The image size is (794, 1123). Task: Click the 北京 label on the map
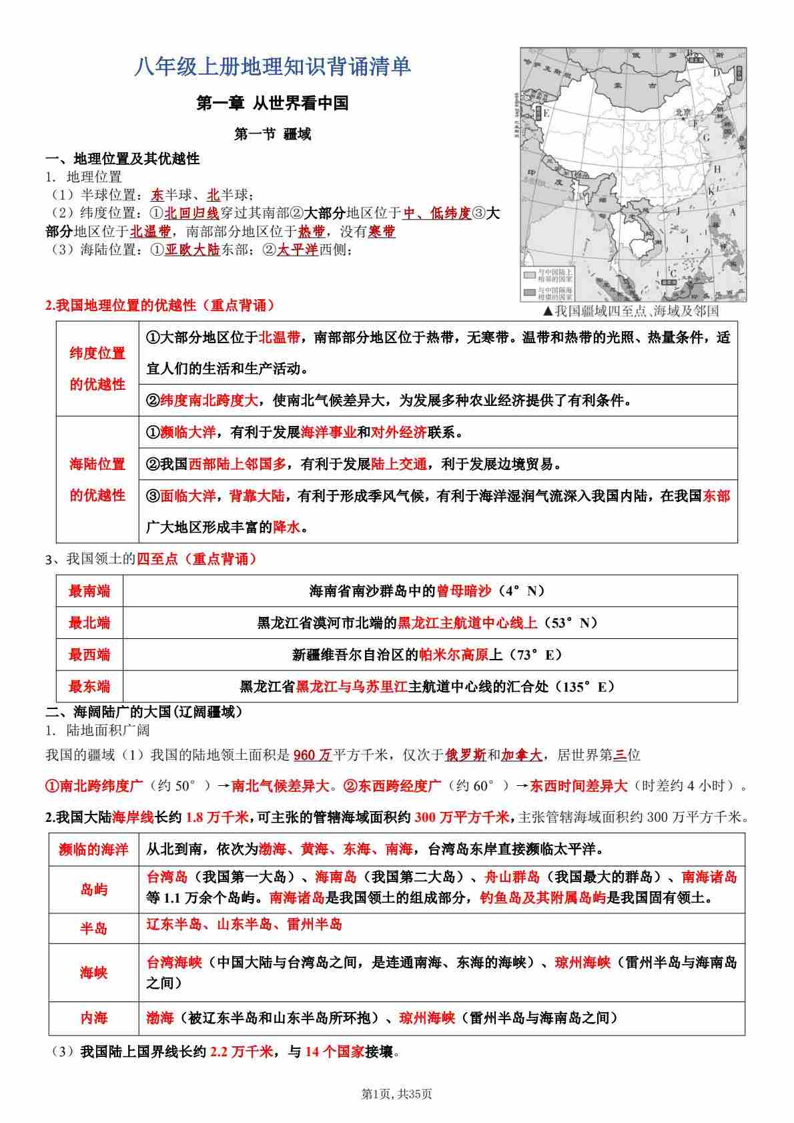pyautogui.click(x=683, y=112)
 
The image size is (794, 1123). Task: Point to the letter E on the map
pyautogui.click(x=546, y=113)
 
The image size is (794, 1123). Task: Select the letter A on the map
pyautogui.click(x=732, y=212)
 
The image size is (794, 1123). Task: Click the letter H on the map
pyautogui.click(x=717, y=169)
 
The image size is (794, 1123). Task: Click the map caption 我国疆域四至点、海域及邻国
pyautogui.click(x=631, y=310)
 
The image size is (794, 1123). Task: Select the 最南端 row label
pyautogui.click(x=89, y=591)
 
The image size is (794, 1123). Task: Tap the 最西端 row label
pyautogui.click(x=89, y=654)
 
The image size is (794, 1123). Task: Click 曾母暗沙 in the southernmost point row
pyautogui.click(x=464, y=591)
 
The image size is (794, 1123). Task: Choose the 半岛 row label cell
pyautogui.click(x=93, y=928)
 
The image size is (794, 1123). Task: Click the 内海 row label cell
pyautogui.click(x=93, y=1018)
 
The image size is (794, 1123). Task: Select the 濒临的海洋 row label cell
pyautogui.click(x=93, y=849)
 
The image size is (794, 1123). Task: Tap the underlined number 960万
pyautogui.click(x=312, y=755)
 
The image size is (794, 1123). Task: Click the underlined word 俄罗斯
pyautogui.click(x=465, y=755)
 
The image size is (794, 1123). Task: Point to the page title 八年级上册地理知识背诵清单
pyautogui.click(x=273, y=67)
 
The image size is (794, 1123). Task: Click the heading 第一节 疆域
pyautogui.click(x=273, y=134)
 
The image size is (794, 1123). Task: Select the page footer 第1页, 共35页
pyautogui.click(x=396, y=1094)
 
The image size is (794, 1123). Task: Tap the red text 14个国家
pyautogui.click(x=334, y=1052)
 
